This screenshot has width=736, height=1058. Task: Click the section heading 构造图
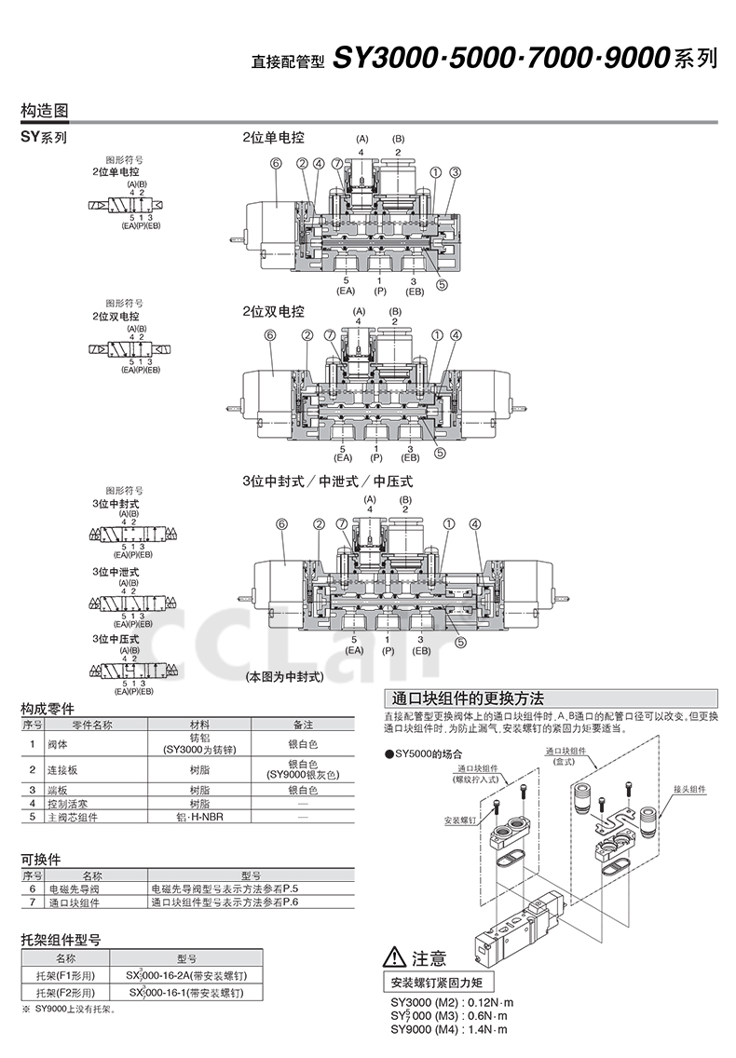pos(45,110)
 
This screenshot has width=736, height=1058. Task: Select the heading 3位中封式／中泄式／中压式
pos(327,482)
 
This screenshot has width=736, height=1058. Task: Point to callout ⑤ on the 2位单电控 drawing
pos(442,285)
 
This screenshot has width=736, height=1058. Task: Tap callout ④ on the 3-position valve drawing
pos(475,524)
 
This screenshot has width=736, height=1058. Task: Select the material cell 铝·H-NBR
pos(199,816)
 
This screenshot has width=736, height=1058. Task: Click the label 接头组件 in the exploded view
pos(690,789)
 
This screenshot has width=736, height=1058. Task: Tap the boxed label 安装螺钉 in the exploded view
pos(460,821)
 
